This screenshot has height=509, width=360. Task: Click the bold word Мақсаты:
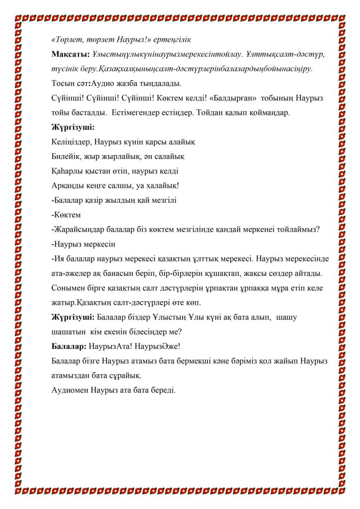tap(70, 53)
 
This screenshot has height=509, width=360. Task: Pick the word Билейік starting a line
tap(67, 157)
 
